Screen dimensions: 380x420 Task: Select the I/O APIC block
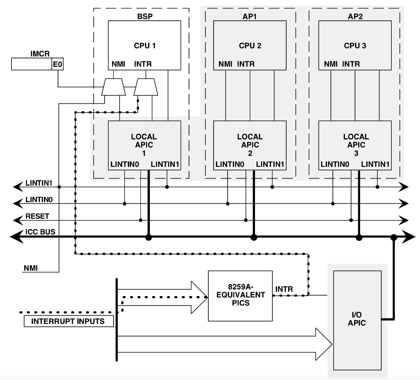point(357,321)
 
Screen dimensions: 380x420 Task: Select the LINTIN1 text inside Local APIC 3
point(375,164)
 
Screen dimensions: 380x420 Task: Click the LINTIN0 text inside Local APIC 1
point(124,164)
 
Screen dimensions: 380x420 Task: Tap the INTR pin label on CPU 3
point(350,64)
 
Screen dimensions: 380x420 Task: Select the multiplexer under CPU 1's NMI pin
point(114,86)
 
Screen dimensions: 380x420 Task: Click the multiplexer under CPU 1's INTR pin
point(146,86)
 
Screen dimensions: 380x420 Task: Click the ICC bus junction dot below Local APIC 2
point(254,239)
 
